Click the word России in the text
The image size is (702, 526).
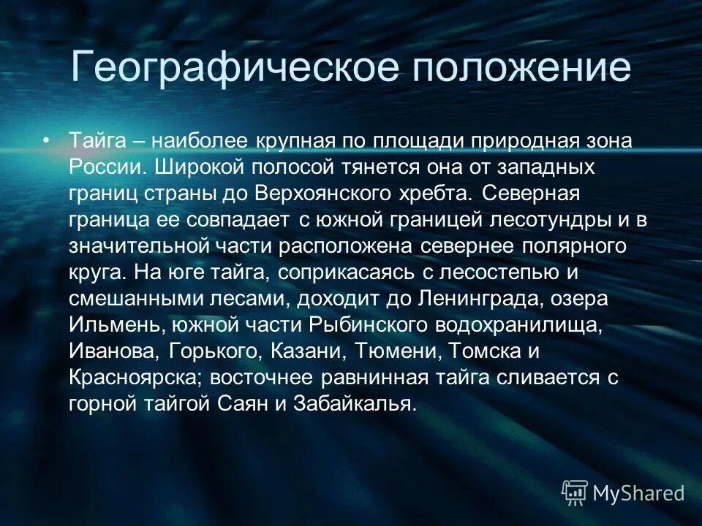click(x=109, y=167)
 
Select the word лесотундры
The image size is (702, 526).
click(x=551, y=219)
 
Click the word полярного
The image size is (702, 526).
click(x=575, y=245)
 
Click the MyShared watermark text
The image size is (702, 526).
click(x=638, y=493)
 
